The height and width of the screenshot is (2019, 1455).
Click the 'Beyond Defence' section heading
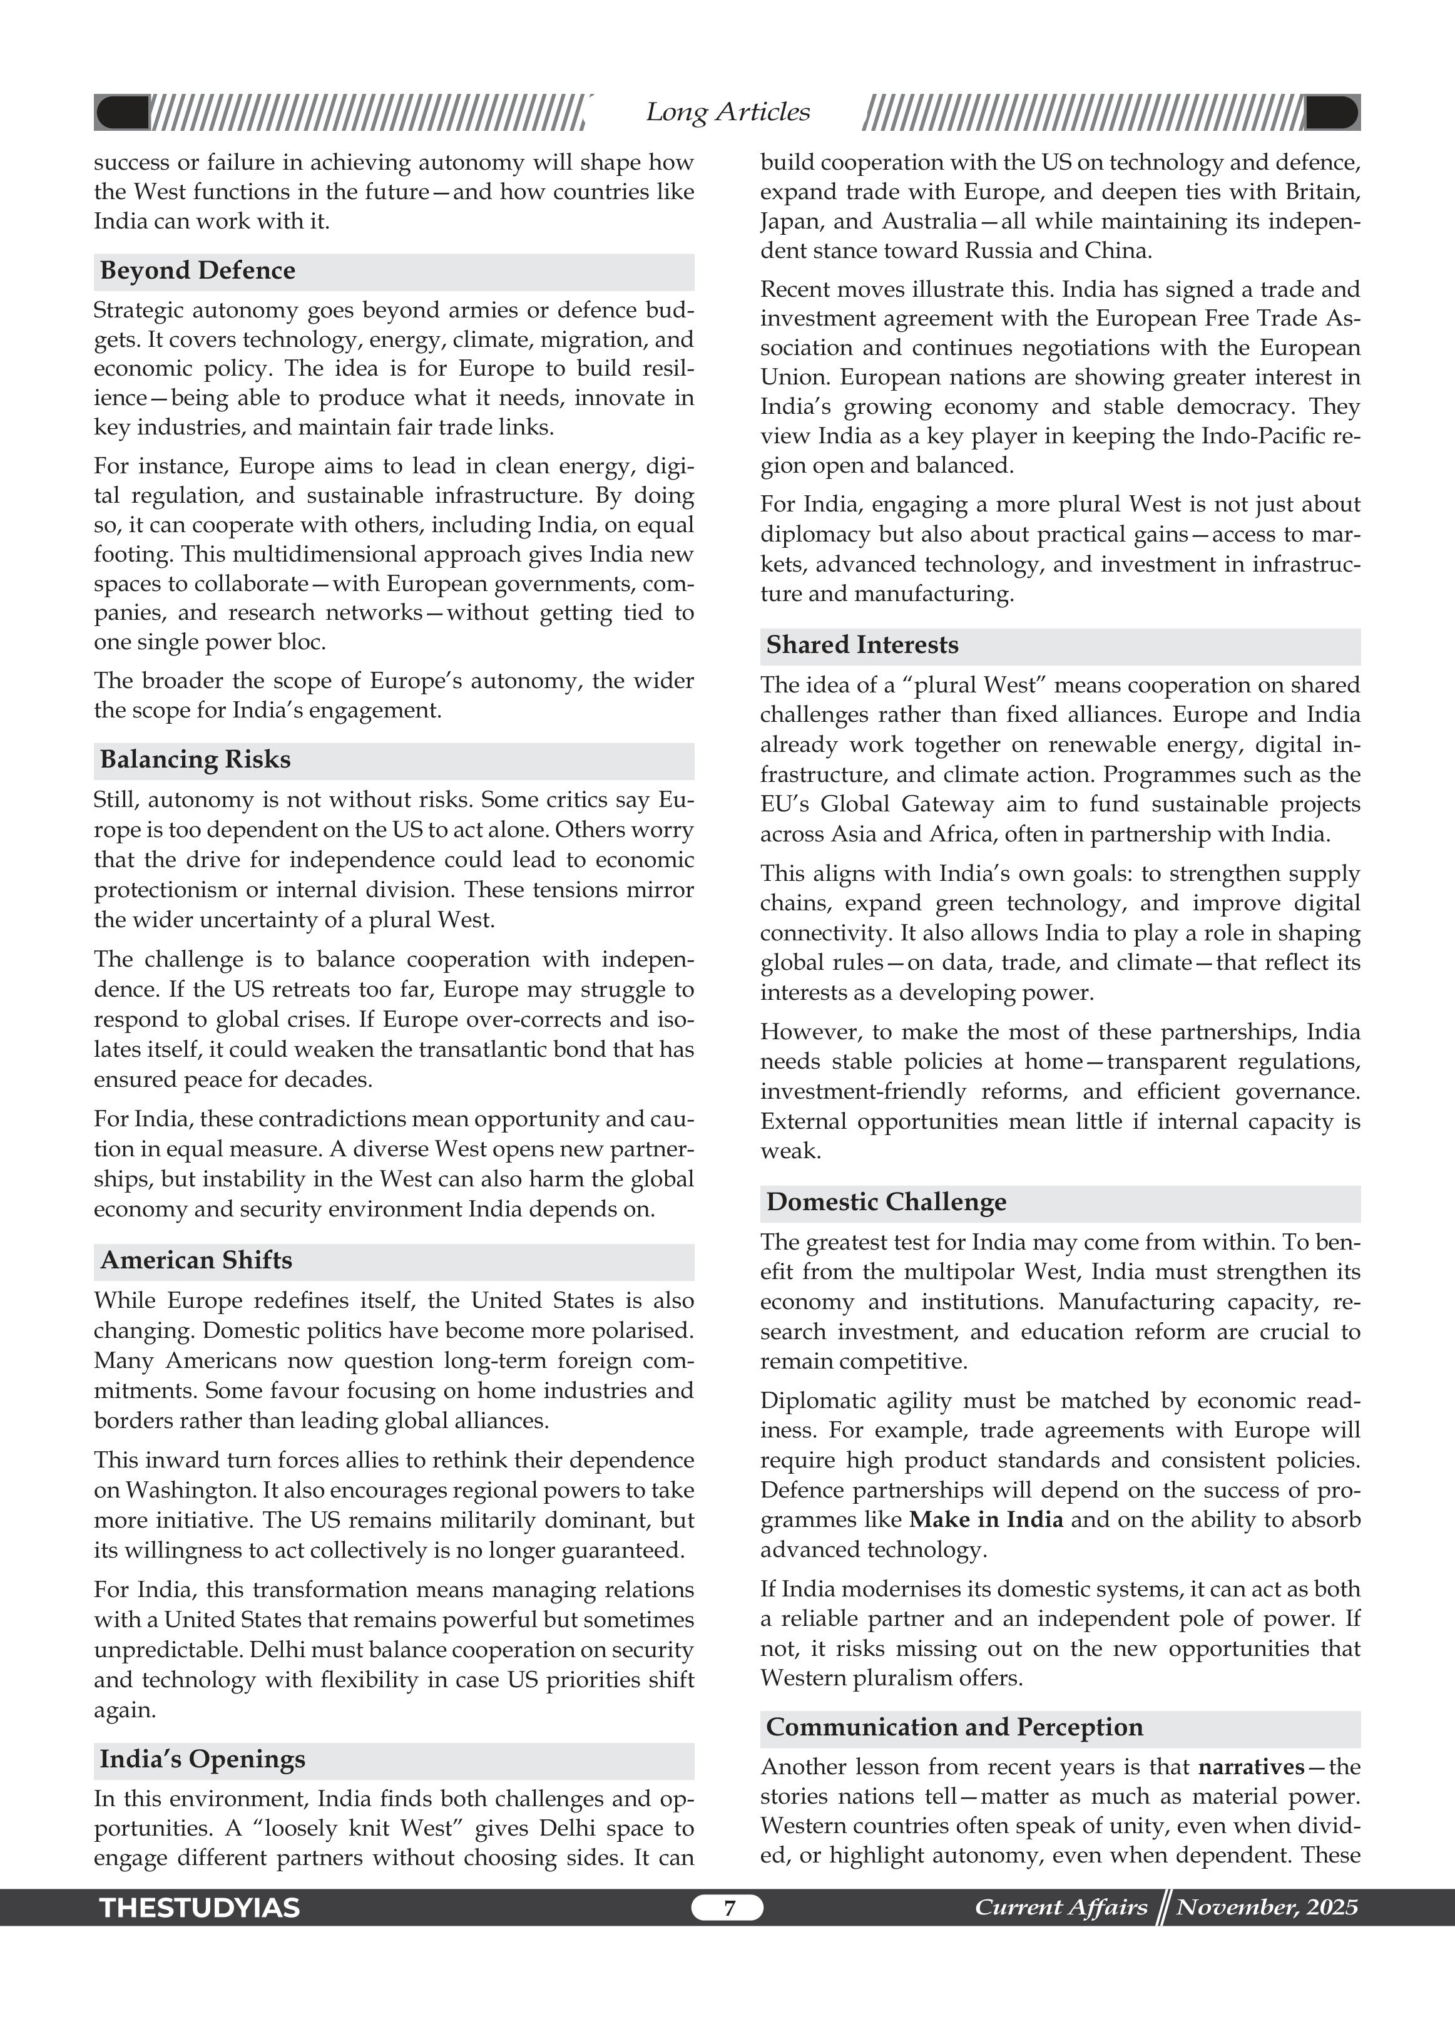[x=198, y=270]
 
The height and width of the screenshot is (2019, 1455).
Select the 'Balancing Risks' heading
[x=195, y=759]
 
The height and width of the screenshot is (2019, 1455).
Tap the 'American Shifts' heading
[x=196, y=1260]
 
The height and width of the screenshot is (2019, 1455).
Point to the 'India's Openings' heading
[x=202, y=1759]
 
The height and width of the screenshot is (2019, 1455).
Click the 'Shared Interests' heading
[x=862, y=644]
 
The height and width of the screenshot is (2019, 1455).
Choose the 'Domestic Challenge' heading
[x=886, y=1202]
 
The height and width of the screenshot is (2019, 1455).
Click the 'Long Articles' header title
[x=727, y=112]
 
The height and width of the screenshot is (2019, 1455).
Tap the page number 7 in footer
[x=728, y=1908]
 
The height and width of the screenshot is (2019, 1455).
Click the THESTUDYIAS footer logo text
[x=200, y=1908]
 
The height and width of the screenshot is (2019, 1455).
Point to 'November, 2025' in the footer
[x=1267, y=1907]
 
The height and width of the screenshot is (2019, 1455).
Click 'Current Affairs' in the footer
[x=1061, y=1907]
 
